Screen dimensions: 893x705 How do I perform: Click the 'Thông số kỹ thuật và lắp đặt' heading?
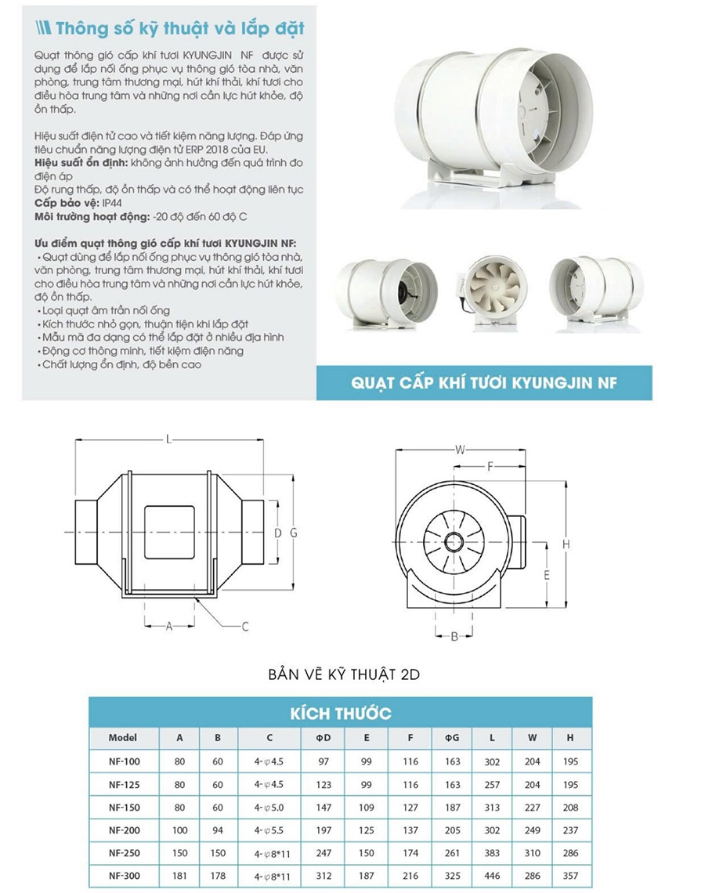pos(179,29)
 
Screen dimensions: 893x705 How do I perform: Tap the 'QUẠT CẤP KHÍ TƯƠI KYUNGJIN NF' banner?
pos(483,383)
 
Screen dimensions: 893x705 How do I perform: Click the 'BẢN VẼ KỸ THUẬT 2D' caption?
pos(344,673)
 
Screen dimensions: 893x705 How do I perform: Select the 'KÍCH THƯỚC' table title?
pos(340,714)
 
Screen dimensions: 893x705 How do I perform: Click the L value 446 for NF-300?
pos(492,876)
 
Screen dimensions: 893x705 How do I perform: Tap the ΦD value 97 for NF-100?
pos(324,761)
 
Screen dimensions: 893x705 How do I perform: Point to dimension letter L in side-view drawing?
pos(168,439)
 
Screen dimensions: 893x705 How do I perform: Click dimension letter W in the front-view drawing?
pos(461,449)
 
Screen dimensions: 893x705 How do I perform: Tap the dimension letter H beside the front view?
pos(566,544)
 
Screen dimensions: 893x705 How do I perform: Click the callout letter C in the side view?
pos(245,626)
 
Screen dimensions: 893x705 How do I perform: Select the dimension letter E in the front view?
pos(547,574)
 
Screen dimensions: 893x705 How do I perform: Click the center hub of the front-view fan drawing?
pos(454,540)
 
